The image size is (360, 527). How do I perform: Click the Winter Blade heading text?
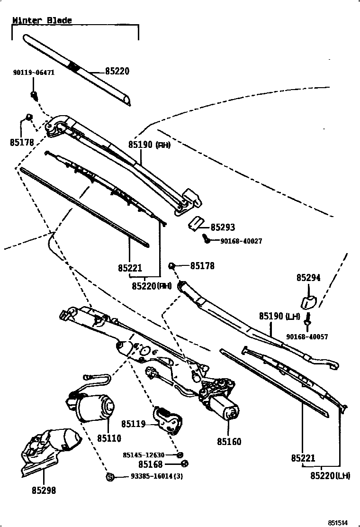point(42,20)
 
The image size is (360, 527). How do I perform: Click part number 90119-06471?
point(34,73)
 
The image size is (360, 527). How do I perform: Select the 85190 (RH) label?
point(149,145)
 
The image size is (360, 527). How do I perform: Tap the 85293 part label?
point(223,227)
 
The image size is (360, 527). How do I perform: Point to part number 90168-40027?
point(241,241)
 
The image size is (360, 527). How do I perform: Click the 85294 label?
point(308,278)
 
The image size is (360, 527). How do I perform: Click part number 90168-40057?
point(307,337)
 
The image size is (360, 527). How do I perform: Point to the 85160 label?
point(229,442)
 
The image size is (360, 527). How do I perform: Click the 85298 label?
point(44,491)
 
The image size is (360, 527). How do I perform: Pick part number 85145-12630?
point(144,455)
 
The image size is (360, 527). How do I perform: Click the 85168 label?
point(151,464)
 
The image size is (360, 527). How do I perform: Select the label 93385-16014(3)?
point(157,476)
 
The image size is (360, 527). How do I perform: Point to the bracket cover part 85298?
point(47,450)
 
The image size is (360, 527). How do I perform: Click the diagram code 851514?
point(338,522)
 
